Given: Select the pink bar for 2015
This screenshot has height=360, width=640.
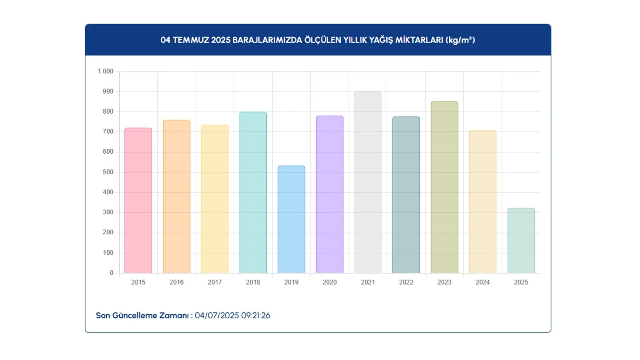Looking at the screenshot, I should tap(138, 200).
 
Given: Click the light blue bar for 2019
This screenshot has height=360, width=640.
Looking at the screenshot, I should tap(291, 219).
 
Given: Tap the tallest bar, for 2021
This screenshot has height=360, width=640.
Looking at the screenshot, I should tap(368, 182).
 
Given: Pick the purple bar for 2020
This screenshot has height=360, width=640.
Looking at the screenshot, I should tap(330, 194).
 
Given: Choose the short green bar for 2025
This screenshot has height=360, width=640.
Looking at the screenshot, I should tap(521, 240).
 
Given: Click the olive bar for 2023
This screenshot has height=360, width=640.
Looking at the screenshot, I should tap(444, 187).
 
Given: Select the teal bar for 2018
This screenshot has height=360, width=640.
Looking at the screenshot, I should tap(253, 192).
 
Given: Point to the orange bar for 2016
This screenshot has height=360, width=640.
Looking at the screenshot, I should tap(176, 196).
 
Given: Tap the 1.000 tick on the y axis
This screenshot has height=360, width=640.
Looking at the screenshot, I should tap(106, 71).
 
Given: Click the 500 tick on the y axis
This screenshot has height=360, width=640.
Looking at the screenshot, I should tap(108, 172).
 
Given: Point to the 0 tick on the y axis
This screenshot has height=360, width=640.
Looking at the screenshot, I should tap(112, 273).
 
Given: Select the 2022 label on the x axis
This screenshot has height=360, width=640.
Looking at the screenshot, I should tap(406, 282).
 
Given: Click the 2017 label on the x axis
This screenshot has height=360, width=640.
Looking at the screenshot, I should tap(215, 282).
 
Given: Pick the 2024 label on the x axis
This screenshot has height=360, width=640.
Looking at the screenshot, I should tap(482, 282).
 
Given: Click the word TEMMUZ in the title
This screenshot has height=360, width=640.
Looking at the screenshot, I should tap(191, 40).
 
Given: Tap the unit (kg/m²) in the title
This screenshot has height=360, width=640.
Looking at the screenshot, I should tap(460, 40).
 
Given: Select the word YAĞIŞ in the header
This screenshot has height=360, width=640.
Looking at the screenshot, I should tap(381, 40).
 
